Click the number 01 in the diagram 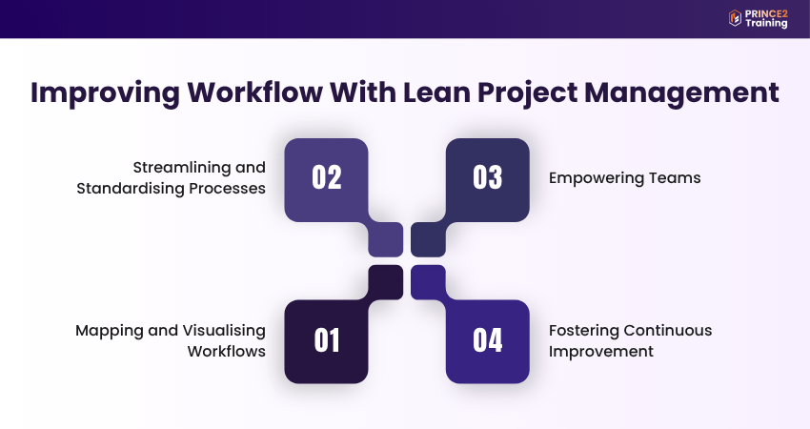(326, 340)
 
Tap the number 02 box (326, 178)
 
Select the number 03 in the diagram (487, 178)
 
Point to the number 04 (487, 340)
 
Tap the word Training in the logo (768, 23)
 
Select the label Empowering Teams (624, 178)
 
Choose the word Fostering (583, 330)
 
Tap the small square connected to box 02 (386, 239)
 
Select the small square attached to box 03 (428, 239)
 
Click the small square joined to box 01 (386, 281)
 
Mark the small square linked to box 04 (428, 281)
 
